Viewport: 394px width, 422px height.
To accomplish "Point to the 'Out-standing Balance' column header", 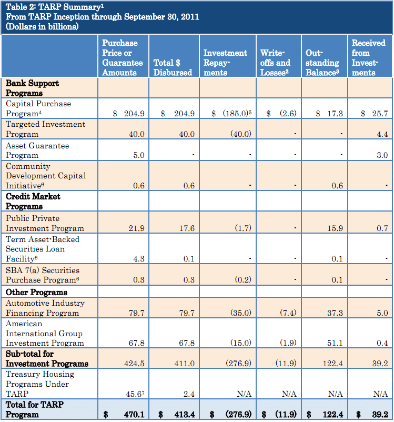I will pyautogui.click(x=322, y=63).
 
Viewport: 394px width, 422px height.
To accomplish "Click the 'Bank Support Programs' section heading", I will pyautogui.click(x=32, y=88).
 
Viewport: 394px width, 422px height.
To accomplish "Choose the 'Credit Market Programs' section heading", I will pyautogui.click(x=33, y=201).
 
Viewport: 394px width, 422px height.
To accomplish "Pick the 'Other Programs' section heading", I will pyautogui.click(x=36, y=292).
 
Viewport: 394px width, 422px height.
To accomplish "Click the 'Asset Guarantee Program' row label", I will pyautogui.click(x=37, y=150).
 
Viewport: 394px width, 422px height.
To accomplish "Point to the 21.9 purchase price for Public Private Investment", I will pyautogui.click(x=136, y=228).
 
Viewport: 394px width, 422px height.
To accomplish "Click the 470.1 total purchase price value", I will pyautogui.click(x=134, y=415).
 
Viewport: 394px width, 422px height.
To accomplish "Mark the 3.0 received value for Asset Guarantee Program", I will pyautogui.click(x=382, y=155).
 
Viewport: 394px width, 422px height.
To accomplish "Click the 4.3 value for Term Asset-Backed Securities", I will pyautogui.click(x=138, y=258).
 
